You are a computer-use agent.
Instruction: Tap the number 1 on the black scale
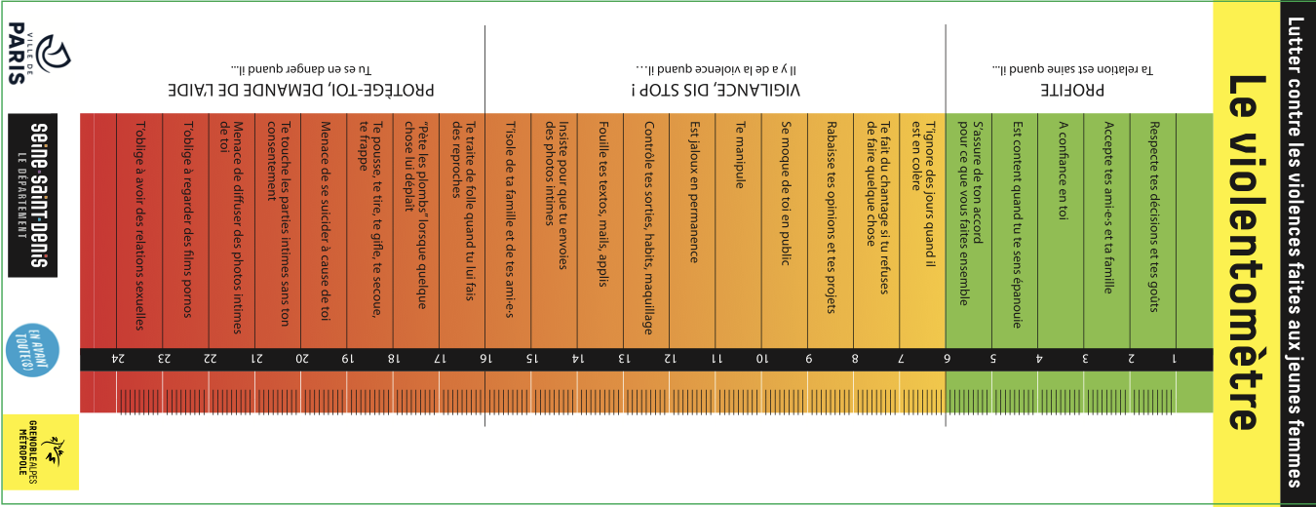[x=1174, y=359]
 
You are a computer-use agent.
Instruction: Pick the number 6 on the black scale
[x=947, y=359]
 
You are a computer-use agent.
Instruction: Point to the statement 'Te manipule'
[x=740, y=155]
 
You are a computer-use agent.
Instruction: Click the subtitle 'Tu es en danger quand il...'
[x=302, y=69]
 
